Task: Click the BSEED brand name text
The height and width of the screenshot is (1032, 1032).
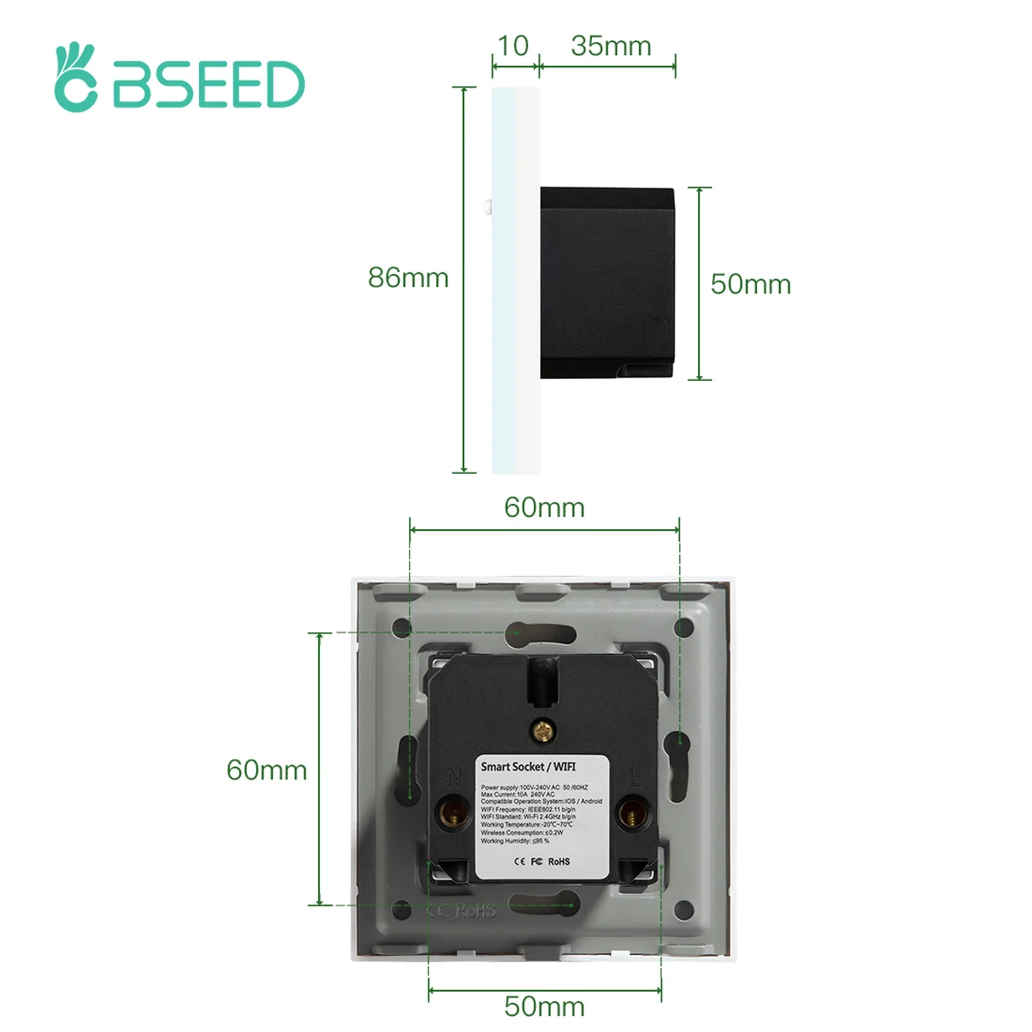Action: [x=208, y=84]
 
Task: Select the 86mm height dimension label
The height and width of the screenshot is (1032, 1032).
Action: [x=408, y=277]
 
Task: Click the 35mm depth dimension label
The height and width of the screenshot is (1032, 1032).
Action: [x=610, y=46]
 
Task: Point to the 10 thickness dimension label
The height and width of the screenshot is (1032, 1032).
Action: [x=513, y=46]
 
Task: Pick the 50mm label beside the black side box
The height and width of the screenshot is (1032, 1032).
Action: [x=750, y=284]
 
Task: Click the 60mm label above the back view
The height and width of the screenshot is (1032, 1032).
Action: [x=544, y=508]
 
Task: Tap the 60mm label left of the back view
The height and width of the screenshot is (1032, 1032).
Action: [x=266, y=770]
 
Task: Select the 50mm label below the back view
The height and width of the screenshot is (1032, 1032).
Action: [x=544, y=1006]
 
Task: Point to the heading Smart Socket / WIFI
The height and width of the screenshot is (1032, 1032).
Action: [x=528, y=766]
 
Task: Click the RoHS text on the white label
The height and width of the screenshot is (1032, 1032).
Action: [x=559, y=861]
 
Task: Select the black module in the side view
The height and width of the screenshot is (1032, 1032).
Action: [x=606, y=283]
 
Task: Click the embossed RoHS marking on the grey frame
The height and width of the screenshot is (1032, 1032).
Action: [x=476, y=910]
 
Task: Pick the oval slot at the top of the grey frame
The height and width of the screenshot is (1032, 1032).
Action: [x=541, y=633]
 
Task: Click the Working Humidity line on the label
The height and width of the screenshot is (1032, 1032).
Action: [x=515, y=840]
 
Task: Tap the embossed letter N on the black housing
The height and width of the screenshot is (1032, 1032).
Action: [x=454, y=779]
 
